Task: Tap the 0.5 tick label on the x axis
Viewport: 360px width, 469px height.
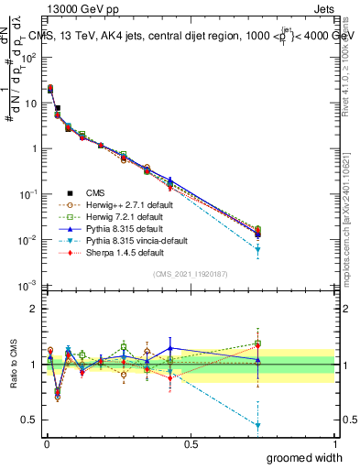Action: coord(191,443)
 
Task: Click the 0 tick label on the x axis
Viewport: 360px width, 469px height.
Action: coord(46,443)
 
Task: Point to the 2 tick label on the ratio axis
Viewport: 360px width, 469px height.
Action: coord(35,309)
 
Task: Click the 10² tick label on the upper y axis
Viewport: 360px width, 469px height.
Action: coord(28,57)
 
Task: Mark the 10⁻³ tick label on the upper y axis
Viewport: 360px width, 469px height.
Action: coord(28,286)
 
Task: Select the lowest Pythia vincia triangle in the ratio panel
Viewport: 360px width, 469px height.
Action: coord(258,426)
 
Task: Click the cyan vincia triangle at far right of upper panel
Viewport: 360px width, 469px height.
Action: coord(258,249)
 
